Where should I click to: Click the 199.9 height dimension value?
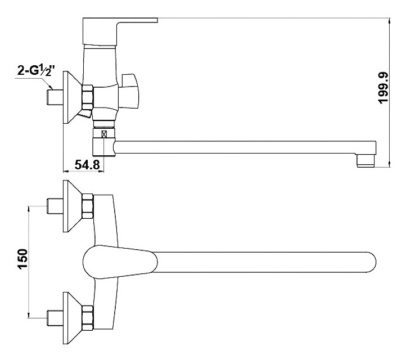pos(384,88)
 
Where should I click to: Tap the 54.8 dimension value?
pos(87,164)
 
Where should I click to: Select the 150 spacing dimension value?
pos(22,259)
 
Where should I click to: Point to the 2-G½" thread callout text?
pos(37,70)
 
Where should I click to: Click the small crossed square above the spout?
pos(104,134)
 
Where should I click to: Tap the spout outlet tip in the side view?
pos(366,160)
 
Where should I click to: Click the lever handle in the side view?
pos(120,31)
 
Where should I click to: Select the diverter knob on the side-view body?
pos(129,91)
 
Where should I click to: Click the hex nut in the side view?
pos(88,98)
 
